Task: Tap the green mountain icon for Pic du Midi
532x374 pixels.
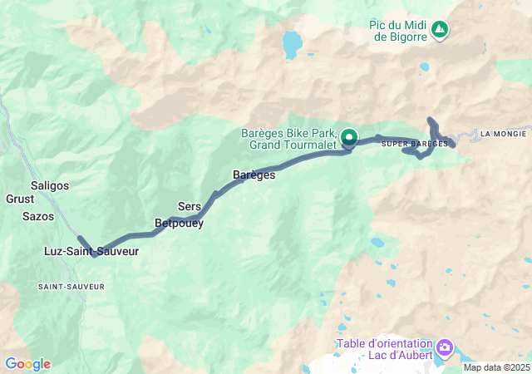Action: (440, 31)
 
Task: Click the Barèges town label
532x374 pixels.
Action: (254, 175)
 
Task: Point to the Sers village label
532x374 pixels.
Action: (190, 206)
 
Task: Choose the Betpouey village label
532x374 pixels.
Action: (179, 223)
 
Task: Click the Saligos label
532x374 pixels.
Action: (50, 185)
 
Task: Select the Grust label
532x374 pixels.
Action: (20, 199)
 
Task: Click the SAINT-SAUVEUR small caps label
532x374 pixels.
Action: (71, 286)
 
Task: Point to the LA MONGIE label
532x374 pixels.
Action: (504, 133)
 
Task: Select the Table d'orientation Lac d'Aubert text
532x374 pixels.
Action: (385, 350)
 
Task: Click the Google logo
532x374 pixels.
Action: (27, 364)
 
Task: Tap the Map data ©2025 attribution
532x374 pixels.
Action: (495, 367)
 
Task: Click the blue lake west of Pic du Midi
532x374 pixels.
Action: (292, 43)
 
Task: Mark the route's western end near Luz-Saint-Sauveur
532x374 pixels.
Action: (80, 238)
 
